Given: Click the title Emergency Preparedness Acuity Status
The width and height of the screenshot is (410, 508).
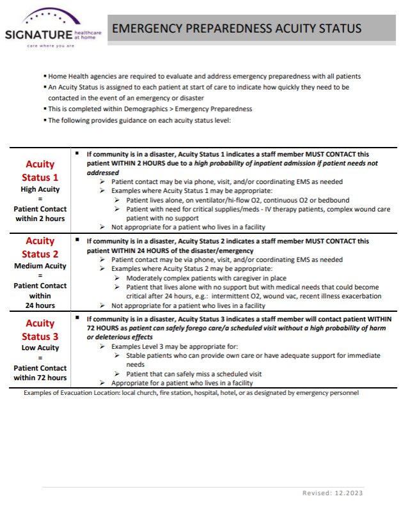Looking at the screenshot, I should pos(237,28).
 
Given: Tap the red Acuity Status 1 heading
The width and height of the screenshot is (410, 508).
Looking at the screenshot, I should pos(40,171).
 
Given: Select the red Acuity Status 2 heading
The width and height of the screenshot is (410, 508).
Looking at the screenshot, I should pos(40,248).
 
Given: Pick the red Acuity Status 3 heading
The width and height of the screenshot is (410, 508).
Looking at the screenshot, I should pos(40,330).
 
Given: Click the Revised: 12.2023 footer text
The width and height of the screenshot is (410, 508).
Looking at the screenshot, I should pos(333,493).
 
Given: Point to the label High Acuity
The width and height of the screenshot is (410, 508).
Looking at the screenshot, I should pos(40,189).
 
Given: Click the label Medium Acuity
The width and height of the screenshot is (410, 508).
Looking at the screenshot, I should pos(40,266).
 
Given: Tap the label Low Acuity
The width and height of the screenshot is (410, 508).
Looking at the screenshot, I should pos(40,348).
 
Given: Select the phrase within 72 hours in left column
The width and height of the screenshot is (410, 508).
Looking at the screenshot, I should pos(40,377).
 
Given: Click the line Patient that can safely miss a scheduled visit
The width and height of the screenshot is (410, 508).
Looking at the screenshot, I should pos(194,374).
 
